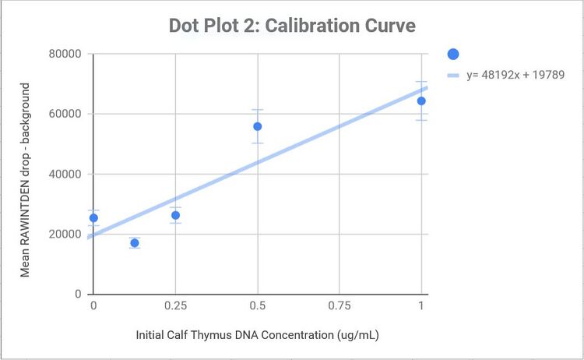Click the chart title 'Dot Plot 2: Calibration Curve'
[x=292, y=26]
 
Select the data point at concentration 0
[x=93, y=218]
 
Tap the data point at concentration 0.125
[x=135, y=243]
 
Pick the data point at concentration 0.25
[x=176, y=215]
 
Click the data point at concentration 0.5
[x=258, y=126]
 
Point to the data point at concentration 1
[x=421, y=101]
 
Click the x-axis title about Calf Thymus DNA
[x=257, y=335]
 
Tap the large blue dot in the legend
[x=454, y=54]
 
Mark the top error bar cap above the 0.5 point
[x=258, y=110]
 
